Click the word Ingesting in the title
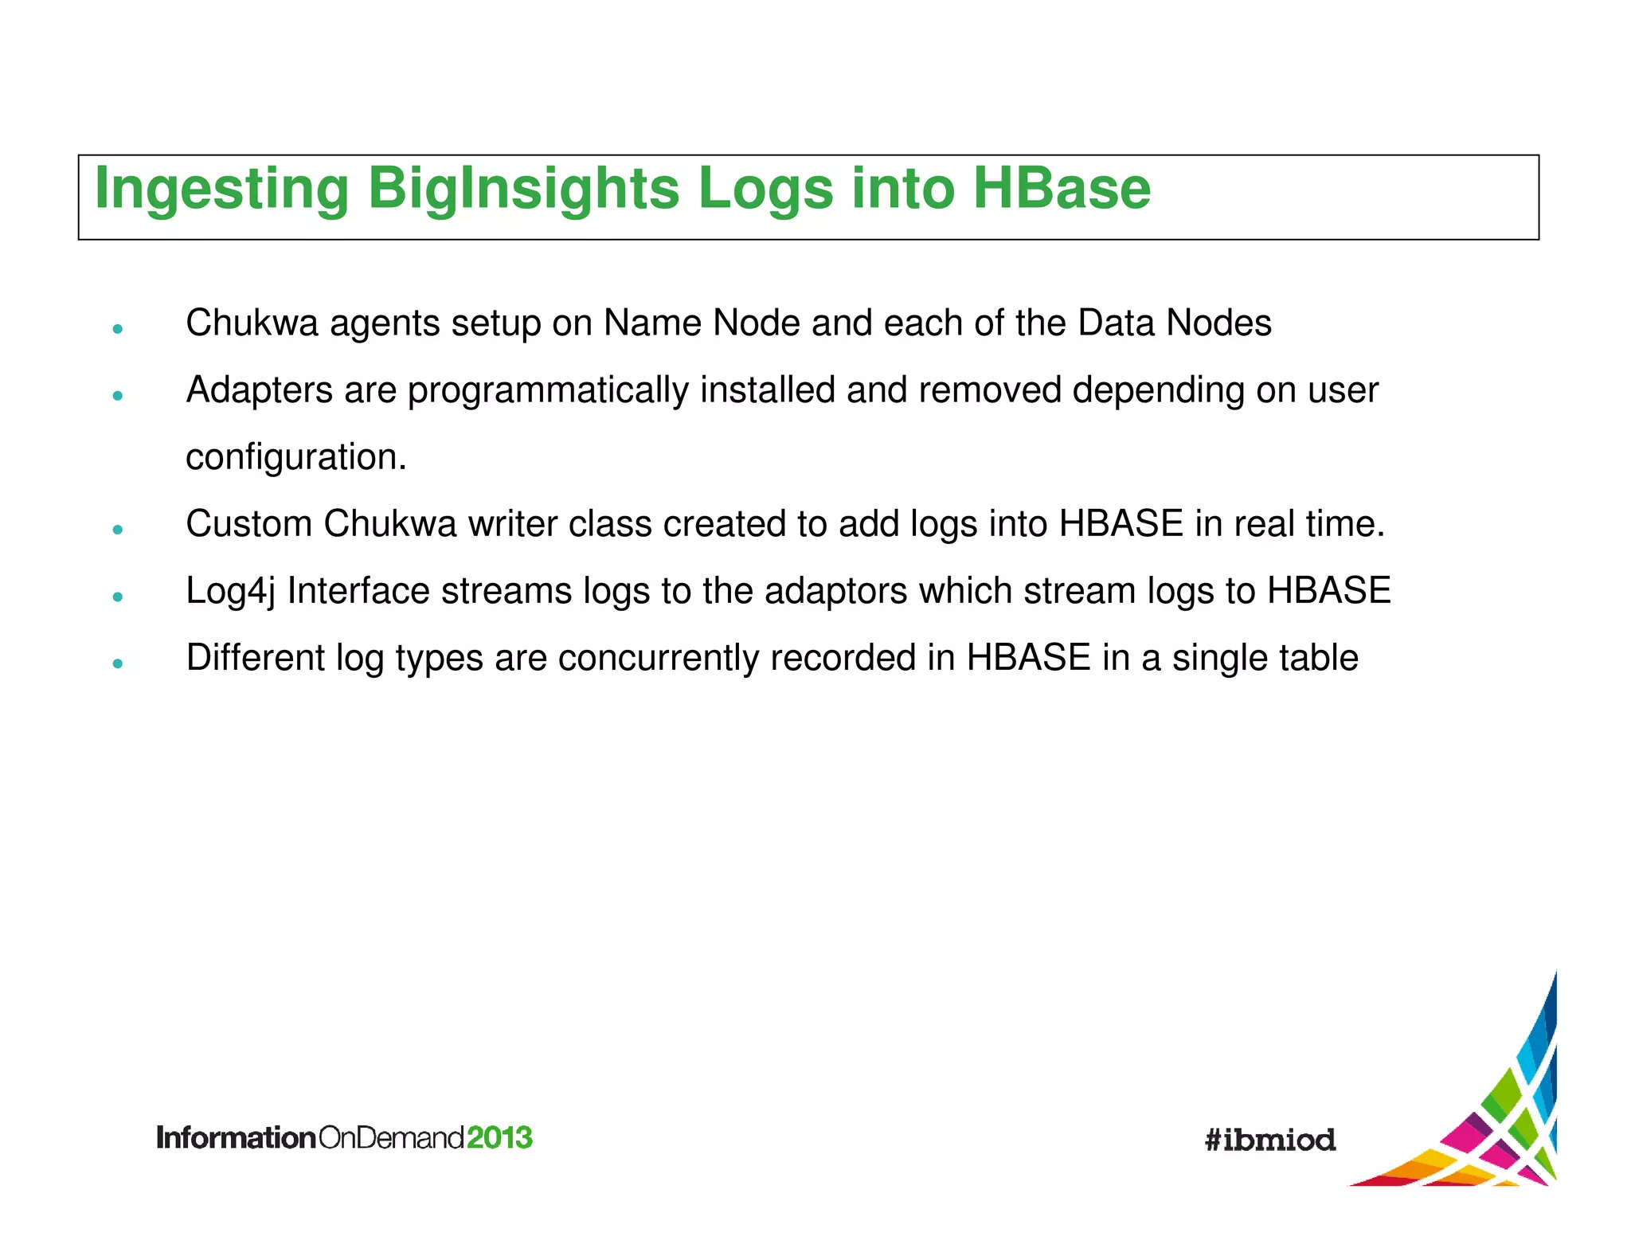coord(221,190)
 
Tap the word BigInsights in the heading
coord(523,190)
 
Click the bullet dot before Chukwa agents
coord(118,328)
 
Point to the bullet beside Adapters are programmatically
coord(118,395)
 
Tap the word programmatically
coord(548,391)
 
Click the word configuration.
coord(295,458)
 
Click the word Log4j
coord(230,592)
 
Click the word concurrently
coord(658,659)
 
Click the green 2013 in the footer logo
coord(499,1137)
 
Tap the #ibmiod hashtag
coord(1269,1140)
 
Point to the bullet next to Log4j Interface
coord(118,596)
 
